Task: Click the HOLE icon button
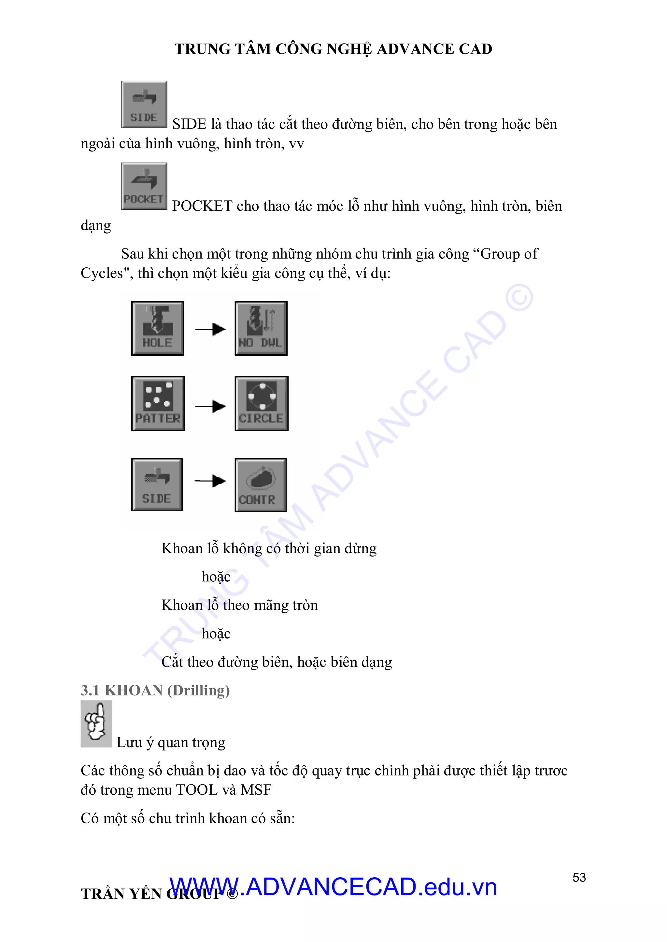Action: point(157,328)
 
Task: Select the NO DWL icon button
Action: point(261,328)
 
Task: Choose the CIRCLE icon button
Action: point(261,403)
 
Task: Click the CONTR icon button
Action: point(261,485)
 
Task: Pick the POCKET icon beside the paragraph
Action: point(144,186)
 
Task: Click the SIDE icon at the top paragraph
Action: point(144,104)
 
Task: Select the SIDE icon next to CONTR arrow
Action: point(157,485)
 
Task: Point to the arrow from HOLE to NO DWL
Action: point(210,329)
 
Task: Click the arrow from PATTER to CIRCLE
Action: point(210,407)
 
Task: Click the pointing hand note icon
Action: point(96,724)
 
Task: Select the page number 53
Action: point(579,878)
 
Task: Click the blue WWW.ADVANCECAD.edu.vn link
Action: point(333,887)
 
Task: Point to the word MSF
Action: point(256,790)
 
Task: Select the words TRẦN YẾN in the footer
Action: point(121,894)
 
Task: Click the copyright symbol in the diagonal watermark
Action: point(519,297)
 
